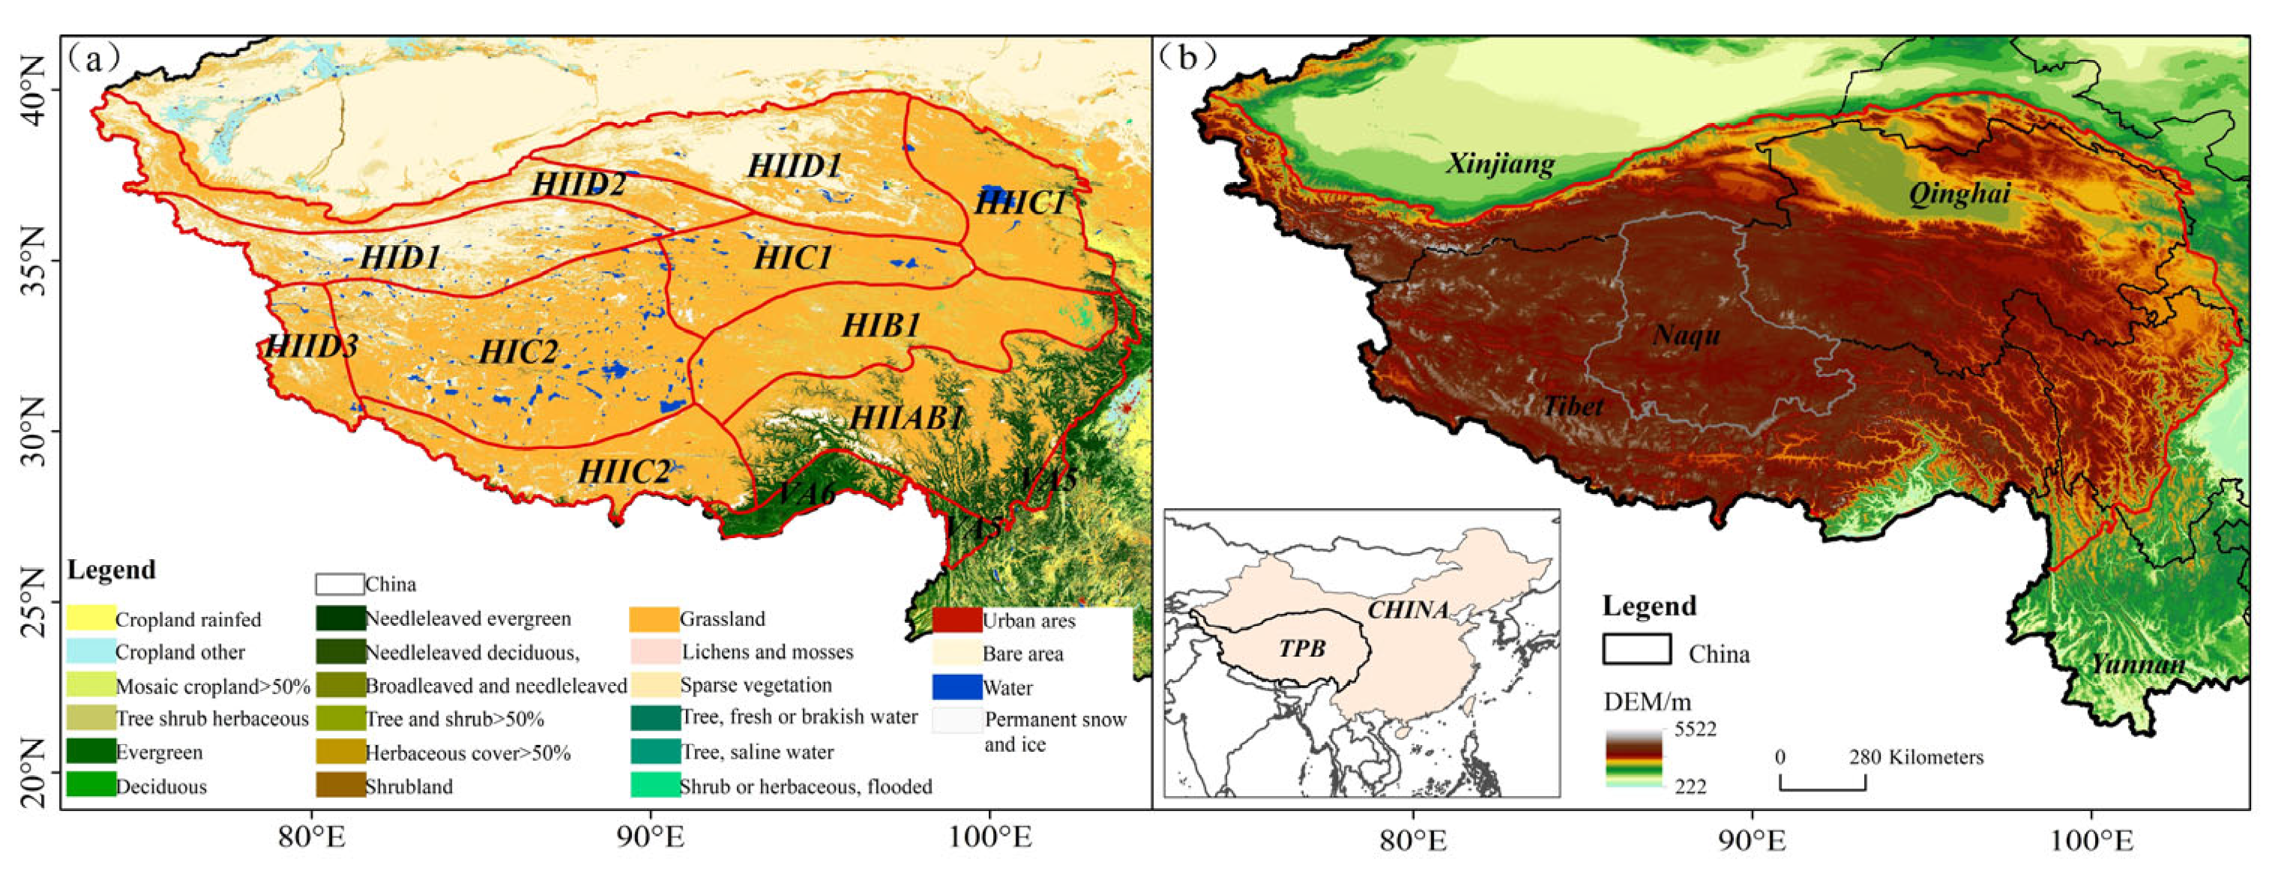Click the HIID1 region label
[x=793, y=166]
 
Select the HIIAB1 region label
[x=905, y=418]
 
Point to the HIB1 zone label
[x=881, y=325]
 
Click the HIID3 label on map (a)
[x=311, y=346]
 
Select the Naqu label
[x=1687, y=335]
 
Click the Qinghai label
[x=1959, y=193]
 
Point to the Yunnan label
[x=2137, y=663]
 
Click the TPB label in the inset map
[x=1302, y=648]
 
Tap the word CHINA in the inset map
[x=1408, y=609]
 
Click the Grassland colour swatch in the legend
[x=654, y=619]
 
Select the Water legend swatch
[x=956, y=687]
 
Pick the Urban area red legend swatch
[x=956, y=620]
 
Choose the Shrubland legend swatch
[x=340, y=786]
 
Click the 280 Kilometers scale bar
[x=1822, y=782]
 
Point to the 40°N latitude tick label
[x=28, y=90]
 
